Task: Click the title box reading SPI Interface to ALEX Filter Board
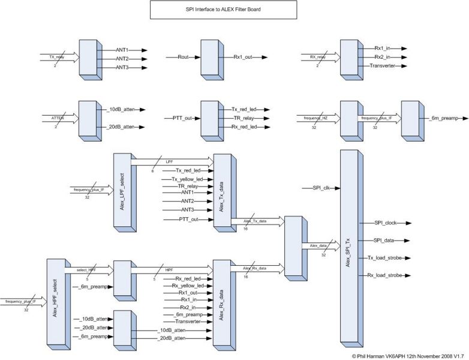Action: click(223, 10)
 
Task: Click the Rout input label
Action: click(184, 58)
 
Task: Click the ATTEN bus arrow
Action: click(60, 118)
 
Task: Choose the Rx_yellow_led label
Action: click(189, 286)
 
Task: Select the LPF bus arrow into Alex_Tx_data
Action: click(171, 161)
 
